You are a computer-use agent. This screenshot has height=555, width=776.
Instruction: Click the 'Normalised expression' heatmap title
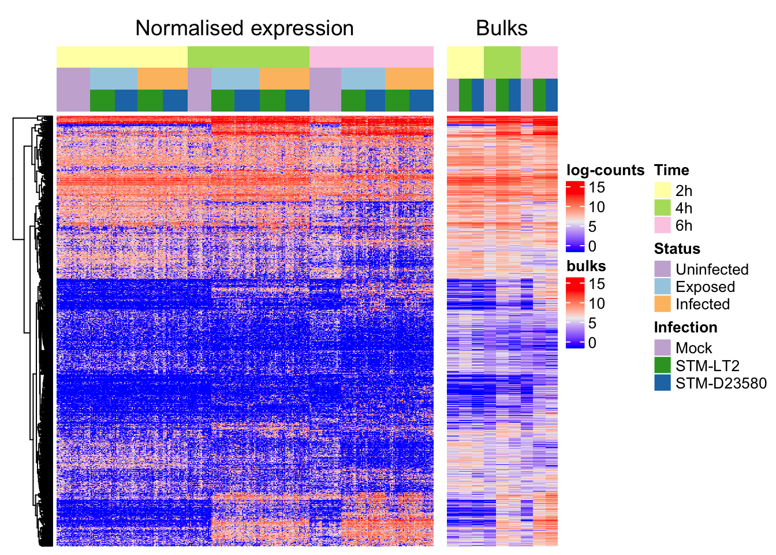(x=244, y=28)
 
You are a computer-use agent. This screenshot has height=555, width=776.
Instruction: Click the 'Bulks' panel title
(x=502, y=28)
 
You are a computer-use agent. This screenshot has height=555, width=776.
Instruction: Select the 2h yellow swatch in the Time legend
(x=662, y=190)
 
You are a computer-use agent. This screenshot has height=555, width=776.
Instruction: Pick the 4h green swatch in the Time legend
(x=662, y=208)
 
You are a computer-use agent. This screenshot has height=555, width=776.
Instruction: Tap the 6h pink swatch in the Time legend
(x=662, y=225)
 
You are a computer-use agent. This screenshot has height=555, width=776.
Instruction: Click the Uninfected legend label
(x=711, y=269)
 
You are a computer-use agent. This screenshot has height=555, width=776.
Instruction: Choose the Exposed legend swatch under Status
(x=662, y=286)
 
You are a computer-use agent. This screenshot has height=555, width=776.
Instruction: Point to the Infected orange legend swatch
(x=662, y=304)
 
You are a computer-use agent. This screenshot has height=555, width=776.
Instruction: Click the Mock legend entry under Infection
(x=693, y=348)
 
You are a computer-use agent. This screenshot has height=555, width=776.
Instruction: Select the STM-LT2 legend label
(x=707, y=365)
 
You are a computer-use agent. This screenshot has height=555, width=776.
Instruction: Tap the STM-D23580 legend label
(x=721, y=383)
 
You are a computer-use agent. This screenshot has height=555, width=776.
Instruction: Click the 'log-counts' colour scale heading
(x=605, y=170)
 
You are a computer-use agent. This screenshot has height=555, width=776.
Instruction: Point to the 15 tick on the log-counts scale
(x=596, y=187)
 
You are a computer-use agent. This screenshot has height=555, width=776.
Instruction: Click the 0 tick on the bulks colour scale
(x=592, y=343)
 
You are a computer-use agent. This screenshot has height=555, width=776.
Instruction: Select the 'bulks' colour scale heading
(x=586, y=266)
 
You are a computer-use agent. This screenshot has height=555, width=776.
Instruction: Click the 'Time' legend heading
(x=671, y=170)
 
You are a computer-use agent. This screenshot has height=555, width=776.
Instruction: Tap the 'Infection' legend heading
(x=685, y=327)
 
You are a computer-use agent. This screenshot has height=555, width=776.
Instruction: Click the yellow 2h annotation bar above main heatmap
(x=122, y=57)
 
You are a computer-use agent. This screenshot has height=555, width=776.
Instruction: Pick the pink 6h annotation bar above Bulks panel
(x=539, y=62)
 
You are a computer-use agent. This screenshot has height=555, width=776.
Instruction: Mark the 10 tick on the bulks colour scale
(x=596, y=304)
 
